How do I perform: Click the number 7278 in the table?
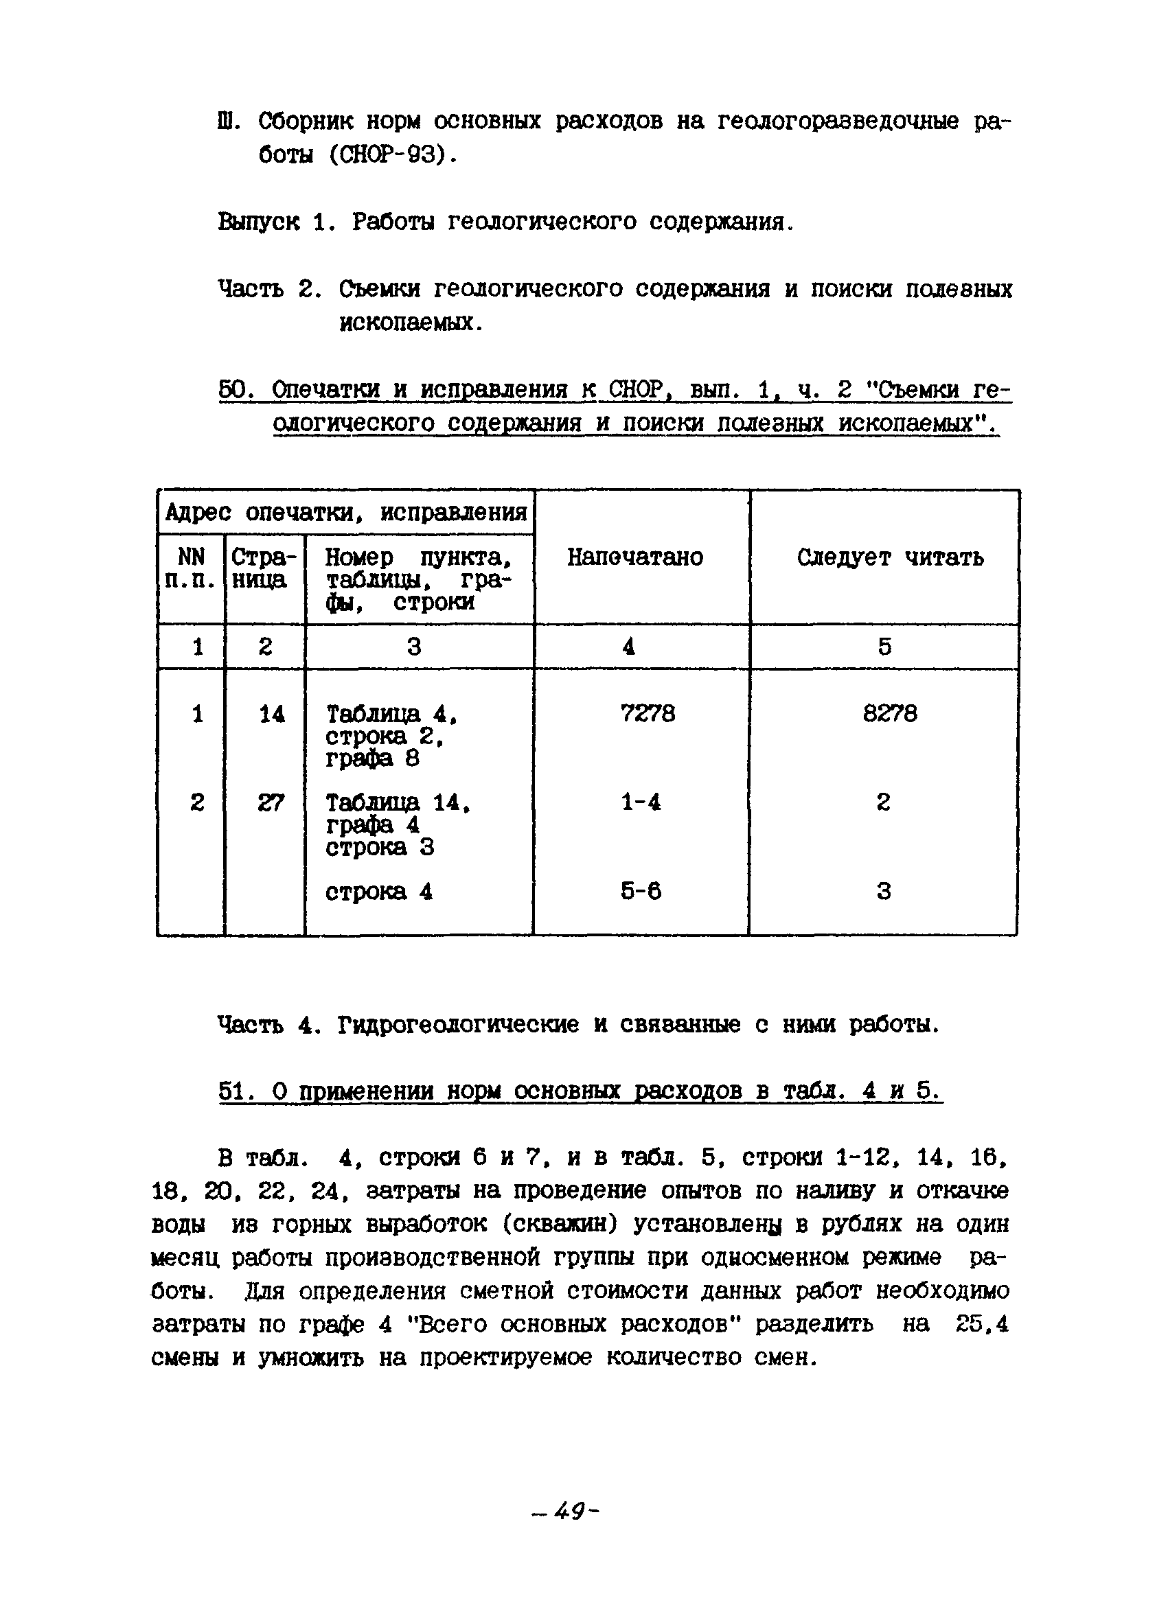[x=648, y=713]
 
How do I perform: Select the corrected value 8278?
[x=889, y=713]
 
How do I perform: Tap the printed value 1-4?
[x=641, y=802]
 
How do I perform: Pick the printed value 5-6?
[x=641, y=890]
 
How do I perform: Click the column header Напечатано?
[x=635, y=557]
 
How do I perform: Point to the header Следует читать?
[x=890, y=557]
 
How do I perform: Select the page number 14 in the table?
[x=271, y=714]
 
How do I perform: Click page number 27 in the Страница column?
[x=271, y=803]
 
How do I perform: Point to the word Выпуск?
[x=258, y=222]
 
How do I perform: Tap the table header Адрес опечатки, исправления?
[x=346, y=512]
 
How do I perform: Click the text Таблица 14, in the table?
[x=398, y=803]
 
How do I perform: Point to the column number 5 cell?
[x=885, y=647]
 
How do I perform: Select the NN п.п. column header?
[x=190, y=568]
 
